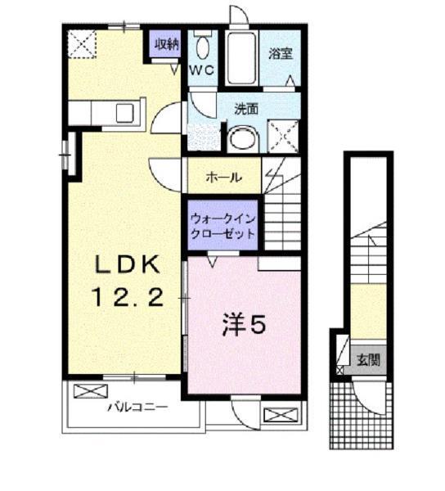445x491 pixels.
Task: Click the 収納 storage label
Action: tap(166, 44)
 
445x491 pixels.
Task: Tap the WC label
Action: tap(202, 70)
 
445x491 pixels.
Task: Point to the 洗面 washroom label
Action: tap(246, 109)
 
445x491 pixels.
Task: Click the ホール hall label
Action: tap(222, 177)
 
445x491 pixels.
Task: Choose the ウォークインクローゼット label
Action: tap(222, 225)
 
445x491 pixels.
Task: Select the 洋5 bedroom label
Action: tap(243, 325)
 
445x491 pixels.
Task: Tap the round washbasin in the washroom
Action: tap(241, 139)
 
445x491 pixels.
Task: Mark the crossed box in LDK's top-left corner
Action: tap(82, 43)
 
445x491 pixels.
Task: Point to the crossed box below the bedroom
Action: tap(278, 413)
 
